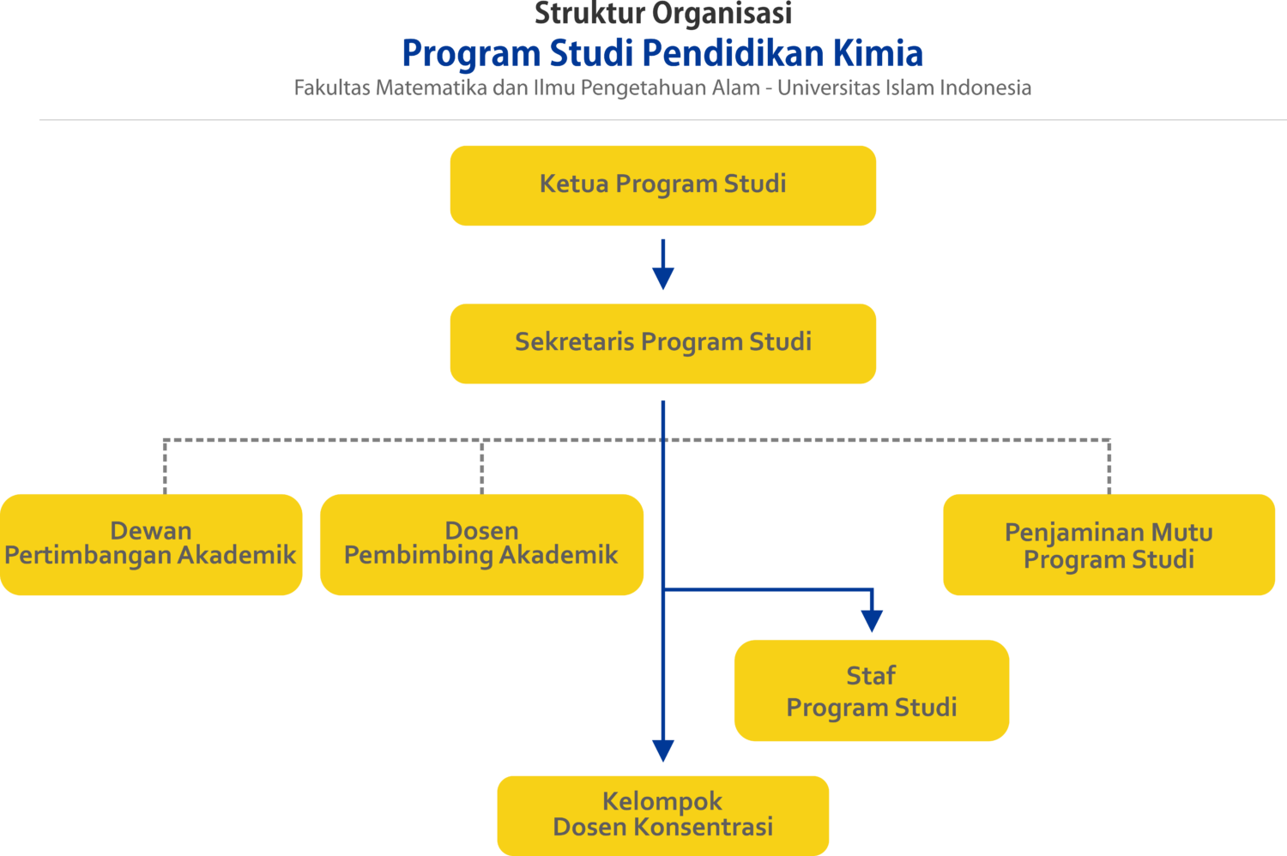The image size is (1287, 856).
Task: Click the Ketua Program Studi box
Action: (x=662, y=185)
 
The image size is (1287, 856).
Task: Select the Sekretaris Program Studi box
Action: (x=662, y=343)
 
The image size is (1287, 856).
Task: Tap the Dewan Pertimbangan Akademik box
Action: (x=151, y=544)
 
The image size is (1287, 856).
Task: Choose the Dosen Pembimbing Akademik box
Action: (x=481, y=544)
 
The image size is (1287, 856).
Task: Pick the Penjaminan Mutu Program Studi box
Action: (x=1109, y=545)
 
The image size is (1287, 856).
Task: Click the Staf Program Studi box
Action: (x=871, y=690)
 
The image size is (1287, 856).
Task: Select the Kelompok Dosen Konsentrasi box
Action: (x=662, y=815)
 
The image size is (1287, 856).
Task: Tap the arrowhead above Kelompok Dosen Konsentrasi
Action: (x=662, y=751)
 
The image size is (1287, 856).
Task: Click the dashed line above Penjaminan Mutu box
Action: (x=1109, y=467)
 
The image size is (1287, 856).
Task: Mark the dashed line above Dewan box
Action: (x=165, y=467)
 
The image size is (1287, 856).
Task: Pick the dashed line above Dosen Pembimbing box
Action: (x=482, y=467)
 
